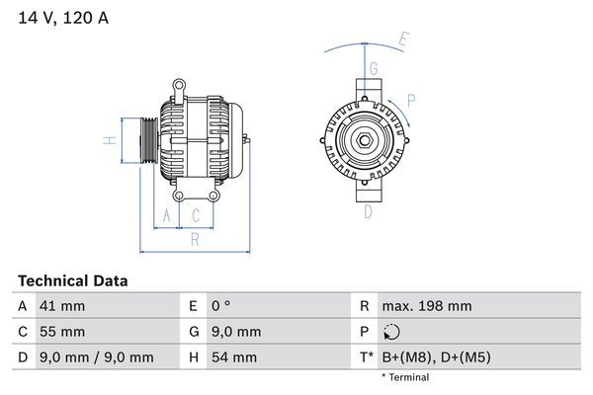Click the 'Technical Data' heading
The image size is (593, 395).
[72, 281]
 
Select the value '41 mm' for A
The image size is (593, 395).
[61, 306]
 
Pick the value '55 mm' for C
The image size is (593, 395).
[61, 332]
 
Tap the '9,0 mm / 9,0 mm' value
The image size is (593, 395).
[96, 357]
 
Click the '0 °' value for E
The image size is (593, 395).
[219, 306]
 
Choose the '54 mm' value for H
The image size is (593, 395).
[233, 357]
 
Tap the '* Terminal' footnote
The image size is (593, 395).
[405, 377]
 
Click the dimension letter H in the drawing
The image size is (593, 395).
[111, 139]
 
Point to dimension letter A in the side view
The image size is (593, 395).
[167, 214]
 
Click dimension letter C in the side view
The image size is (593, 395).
[196, 214]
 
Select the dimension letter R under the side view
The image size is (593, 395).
[195, 238]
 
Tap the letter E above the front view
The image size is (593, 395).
[403, 40]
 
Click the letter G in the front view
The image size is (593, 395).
[373, 68]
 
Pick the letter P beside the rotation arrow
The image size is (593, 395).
[410, 100]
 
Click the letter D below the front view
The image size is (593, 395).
[367, 210]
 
